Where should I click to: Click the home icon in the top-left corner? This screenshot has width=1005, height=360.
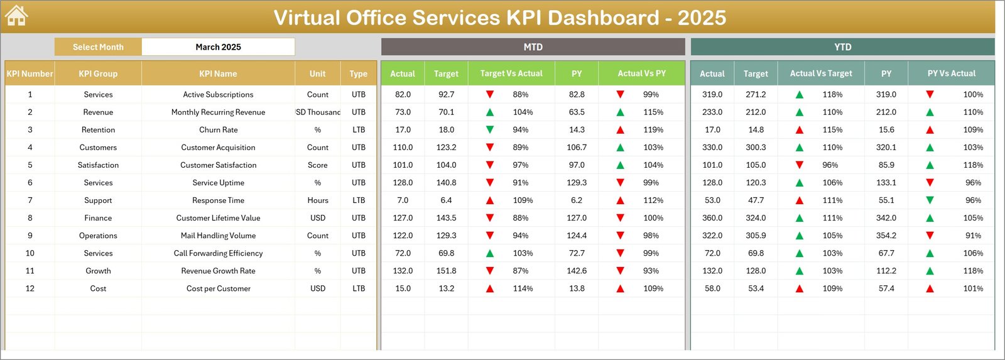coord(16,16)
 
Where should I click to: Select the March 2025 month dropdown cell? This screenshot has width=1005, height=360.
coord(218,47)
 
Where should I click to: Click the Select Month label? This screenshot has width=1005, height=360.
coord(98,47)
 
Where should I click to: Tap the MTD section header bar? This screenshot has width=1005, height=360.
coord(533,47)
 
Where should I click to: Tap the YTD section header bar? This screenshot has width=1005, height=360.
coord(842,47)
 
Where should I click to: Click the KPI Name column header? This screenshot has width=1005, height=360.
coord(218,74)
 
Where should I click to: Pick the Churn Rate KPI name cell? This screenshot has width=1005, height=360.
coord(218,130)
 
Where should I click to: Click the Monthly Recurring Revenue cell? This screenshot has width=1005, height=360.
coord(218,112)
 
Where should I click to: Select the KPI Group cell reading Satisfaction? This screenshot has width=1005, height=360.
coord(98,165)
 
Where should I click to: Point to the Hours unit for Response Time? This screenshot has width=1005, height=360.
coord(318,200)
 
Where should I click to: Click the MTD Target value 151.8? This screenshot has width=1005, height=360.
coord(446,271)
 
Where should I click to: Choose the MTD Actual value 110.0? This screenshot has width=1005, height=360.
coord(403,148)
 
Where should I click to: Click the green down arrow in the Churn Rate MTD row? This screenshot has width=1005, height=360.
coord(490,130)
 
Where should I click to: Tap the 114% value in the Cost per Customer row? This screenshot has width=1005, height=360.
coord(523,288)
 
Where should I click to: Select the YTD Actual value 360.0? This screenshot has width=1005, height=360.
coord(712,218)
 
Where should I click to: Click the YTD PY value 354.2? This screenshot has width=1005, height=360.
coord(886,236)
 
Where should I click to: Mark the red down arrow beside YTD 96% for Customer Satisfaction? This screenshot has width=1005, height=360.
coord(800,165)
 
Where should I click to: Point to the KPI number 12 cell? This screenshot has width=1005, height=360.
coord(30,288)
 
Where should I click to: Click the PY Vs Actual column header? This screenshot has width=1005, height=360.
coord(951,74)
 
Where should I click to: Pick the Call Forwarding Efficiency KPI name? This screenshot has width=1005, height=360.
coord(218,253)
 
